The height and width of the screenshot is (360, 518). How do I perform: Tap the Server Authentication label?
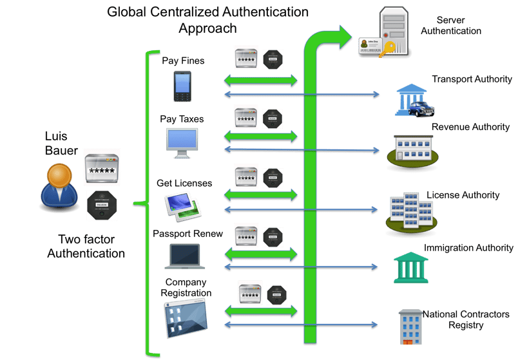(x=458, y=26)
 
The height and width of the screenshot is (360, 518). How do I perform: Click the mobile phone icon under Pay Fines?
(x=181, y=86)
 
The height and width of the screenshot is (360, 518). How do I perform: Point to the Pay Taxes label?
(x=182, y=119)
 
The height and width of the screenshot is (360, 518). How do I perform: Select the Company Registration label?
(x=187, y=287)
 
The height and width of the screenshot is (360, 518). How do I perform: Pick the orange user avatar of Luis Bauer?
(x=60, y=184)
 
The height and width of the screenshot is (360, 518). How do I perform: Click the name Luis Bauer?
(x=61, y=144)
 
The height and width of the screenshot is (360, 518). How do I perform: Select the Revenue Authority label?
(x=470, y=127)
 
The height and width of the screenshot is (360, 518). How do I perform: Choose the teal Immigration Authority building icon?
(x=411, y=267)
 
